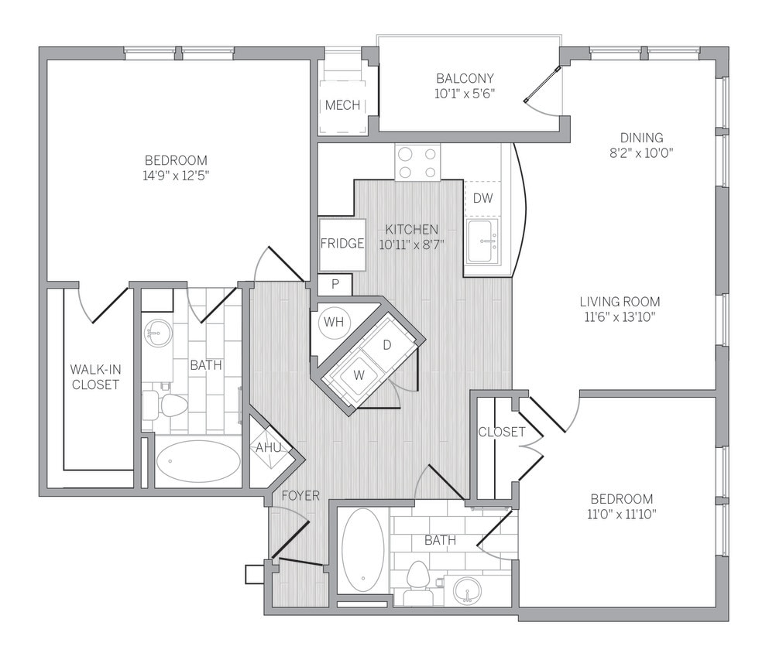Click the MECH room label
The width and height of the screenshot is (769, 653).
coord(342,105)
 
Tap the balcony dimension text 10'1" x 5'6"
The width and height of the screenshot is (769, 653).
coord(465,94)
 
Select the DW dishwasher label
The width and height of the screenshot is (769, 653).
coord(482,199)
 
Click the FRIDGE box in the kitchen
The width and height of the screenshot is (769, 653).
coord(342,244)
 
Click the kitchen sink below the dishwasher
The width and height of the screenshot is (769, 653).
coord(483,241)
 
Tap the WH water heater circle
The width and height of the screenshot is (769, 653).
coord(334,321)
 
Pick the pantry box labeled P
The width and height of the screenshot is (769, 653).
coord(335,284)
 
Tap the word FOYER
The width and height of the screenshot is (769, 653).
coord(300,495)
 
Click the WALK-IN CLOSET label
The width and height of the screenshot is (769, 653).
coord(94,376)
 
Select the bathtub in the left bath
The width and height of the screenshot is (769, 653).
coord(198,462)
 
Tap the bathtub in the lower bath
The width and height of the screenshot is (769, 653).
coord(362,549)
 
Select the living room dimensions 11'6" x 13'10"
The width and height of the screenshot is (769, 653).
coord(620,316)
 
